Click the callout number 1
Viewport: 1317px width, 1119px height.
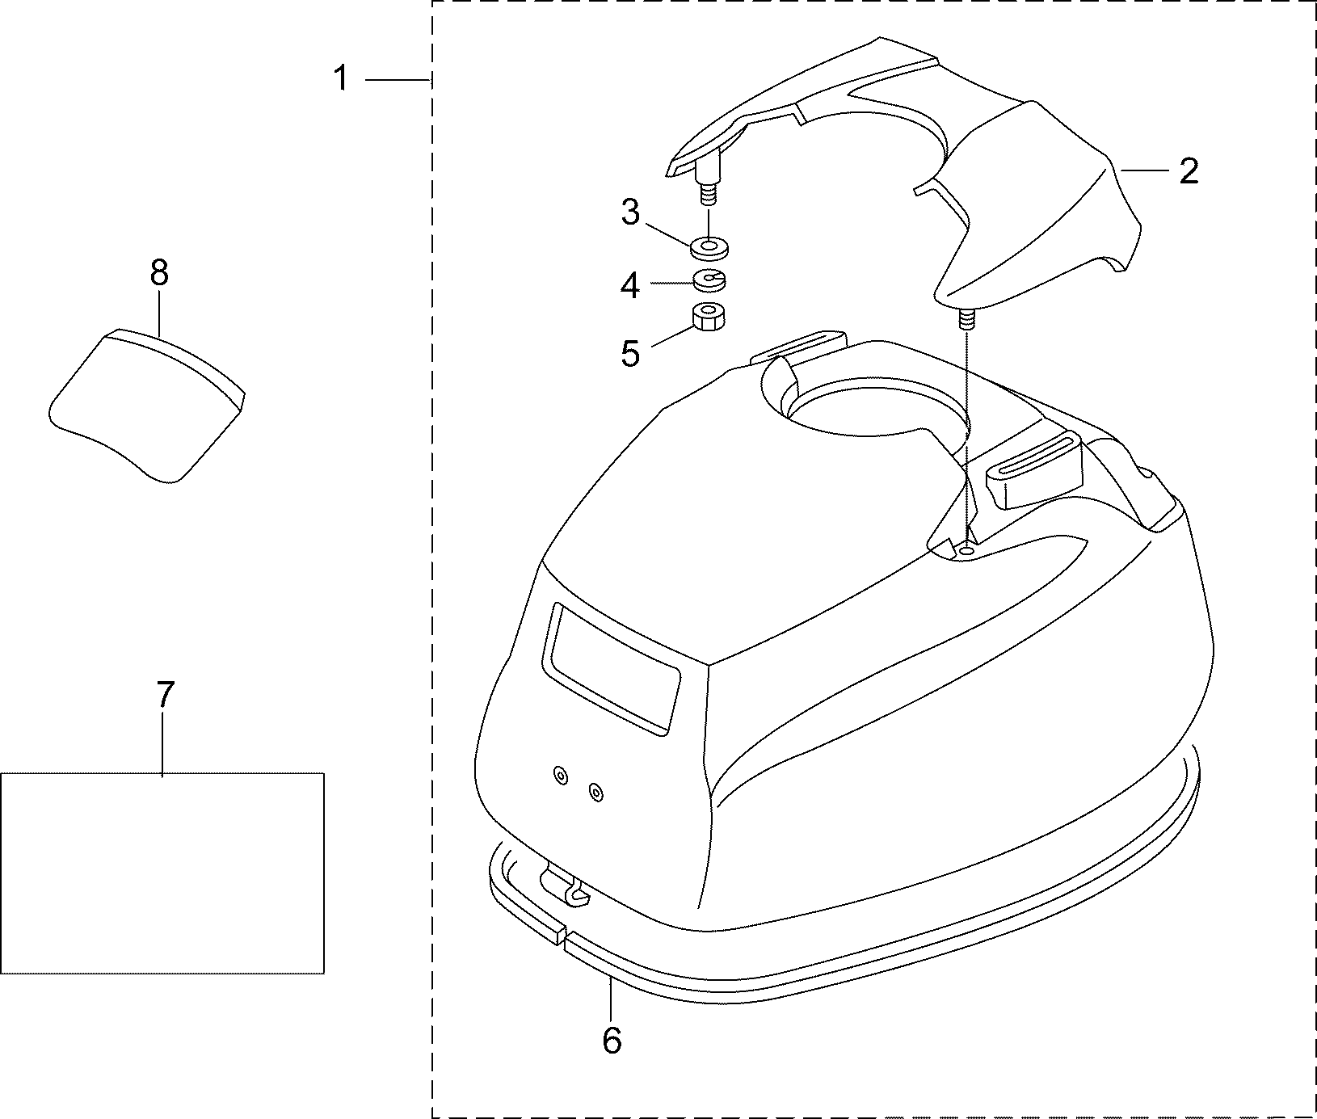tap(342, 79)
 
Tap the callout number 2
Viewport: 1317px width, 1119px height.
tap(1188, 171)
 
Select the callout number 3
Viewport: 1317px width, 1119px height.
tap(630, 213)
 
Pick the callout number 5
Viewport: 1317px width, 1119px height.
tap(630, 353)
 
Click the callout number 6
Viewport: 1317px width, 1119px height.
tap(612, 1040)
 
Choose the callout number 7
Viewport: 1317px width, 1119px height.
tap(164, 695)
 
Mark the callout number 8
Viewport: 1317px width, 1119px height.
tap(159, 273)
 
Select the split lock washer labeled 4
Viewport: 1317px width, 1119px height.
tap(710, 280)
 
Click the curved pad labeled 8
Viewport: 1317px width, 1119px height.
tap(145, 404)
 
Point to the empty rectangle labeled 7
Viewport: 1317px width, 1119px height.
tap(162, 873)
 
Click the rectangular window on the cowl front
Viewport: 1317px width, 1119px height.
tap(614, 667)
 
